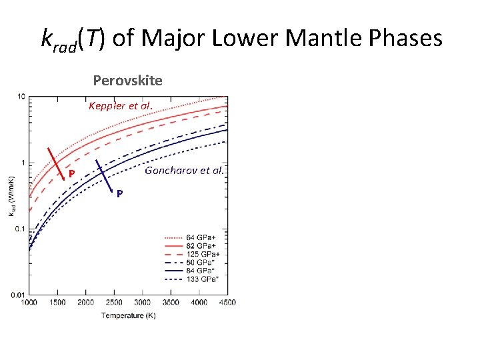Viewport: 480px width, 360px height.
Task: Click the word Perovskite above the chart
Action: (x=127, y=81)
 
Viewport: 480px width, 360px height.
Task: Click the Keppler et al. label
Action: (x=121, y=106)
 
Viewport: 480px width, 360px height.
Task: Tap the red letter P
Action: (x=71, y=175)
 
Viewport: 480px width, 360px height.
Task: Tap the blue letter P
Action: (x=119, y=194)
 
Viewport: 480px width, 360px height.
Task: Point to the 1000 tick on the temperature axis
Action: (x=29, y=303)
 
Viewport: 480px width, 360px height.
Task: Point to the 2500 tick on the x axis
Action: (x=114, y=303)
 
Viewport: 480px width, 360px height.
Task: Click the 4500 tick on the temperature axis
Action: (x=227, y=303)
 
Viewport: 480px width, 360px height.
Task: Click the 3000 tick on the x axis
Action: (x=143, y=303)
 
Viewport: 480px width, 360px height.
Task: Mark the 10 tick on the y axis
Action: (x=21, y=97)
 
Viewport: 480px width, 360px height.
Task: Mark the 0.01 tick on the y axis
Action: (x=18, y=294)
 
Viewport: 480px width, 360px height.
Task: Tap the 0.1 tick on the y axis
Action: (x=20, y=229)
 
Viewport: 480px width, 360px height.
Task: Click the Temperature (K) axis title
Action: (x=129, y=315)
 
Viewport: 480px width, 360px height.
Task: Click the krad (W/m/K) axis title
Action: (x=11, y=195)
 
